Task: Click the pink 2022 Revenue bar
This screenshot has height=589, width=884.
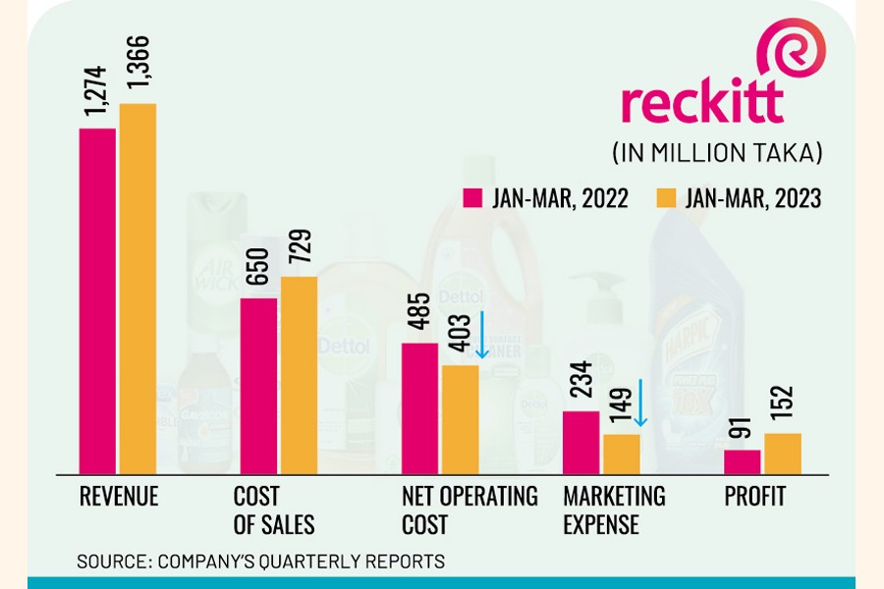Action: (97, 300)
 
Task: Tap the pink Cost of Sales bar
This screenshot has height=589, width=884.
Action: (258, 385)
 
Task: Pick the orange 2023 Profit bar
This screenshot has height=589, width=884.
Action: (783, 453)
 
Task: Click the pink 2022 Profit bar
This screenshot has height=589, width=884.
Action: (743, 461)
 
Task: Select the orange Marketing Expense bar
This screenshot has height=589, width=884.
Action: (621, 453)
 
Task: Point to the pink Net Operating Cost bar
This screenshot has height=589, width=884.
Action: (420, 407)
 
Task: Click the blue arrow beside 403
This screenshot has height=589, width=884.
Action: (482, 336)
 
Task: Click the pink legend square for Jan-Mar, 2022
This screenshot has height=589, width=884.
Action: (471, 198)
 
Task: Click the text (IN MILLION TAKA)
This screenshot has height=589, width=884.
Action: (717, 153)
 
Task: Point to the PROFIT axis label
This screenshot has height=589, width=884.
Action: (754, 497)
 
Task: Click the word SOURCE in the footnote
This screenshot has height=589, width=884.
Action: (109, 562)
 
